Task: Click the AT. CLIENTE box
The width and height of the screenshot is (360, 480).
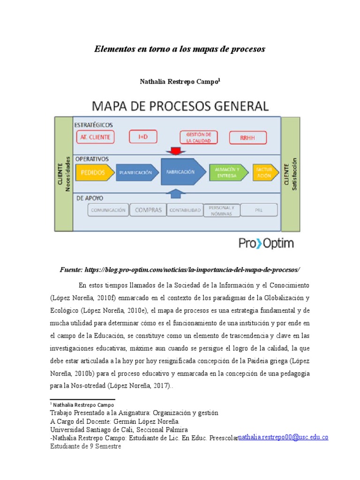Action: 95,137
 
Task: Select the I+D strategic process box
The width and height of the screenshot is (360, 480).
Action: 142,137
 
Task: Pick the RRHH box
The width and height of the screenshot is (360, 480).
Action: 247,138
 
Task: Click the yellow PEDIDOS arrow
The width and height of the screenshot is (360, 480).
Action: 94,172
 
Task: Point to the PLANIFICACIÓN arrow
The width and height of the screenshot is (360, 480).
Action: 135,172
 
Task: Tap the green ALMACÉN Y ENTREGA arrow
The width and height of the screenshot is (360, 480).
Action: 227,172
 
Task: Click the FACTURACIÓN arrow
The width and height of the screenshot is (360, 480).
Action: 264,172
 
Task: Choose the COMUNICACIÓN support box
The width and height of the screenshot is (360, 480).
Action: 108,210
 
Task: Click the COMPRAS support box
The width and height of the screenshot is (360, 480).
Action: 148,210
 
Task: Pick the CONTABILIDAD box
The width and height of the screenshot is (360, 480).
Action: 185,210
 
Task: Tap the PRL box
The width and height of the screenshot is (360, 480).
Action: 259,210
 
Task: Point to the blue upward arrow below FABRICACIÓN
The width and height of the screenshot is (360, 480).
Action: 176,193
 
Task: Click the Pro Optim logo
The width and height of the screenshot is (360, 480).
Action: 266,243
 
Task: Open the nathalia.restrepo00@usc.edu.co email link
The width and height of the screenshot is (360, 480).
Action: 283,437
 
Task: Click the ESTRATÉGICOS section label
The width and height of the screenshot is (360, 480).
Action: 93,125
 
